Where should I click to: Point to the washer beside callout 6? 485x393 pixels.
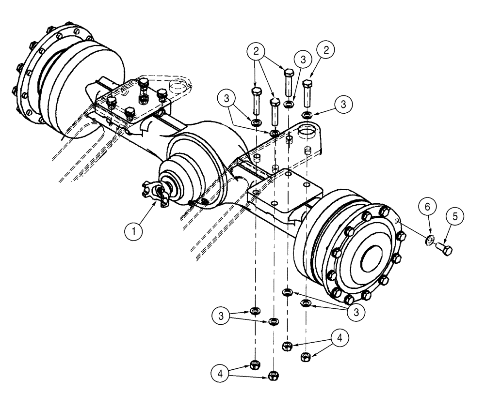[429, 240]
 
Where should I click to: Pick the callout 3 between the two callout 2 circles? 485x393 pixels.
[303, 59]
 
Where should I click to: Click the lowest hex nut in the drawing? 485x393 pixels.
[273, 375]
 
